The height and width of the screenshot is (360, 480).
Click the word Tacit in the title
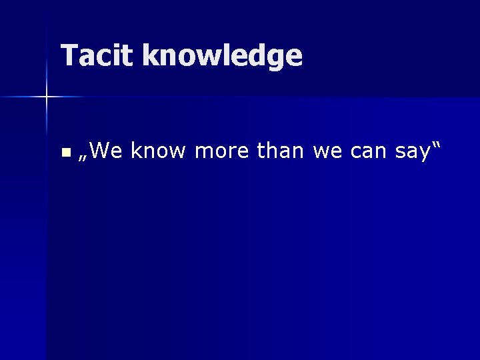coord(98,56)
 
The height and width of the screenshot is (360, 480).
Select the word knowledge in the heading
coord(222,56)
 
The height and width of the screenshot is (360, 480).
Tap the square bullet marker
coord(65,153)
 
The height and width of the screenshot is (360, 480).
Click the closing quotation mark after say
coord(437,146)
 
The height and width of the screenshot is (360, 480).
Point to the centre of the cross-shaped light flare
coord(47,97)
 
